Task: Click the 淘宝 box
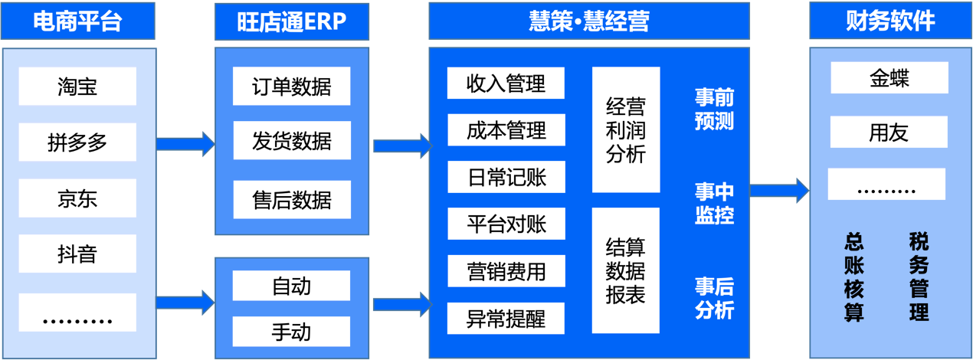tap(77, 86)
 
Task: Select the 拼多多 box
tap(77, 142)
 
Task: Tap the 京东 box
tap(77, 198)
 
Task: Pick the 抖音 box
tap(77, 254)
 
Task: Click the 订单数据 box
tap(291, 86)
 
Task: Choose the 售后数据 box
tap(291, 200)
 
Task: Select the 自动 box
tap(291, 286)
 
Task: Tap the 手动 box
tap(291, 332)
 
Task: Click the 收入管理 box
tap(506, 83)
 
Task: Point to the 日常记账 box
tap(506, 177)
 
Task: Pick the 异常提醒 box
tap(506, 318)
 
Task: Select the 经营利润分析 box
tap(625, 129)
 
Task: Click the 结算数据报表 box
tap(625, 270)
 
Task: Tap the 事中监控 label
tap(714, 203)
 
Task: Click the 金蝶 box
tap(889, 77)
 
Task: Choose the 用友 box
tap(889, 132)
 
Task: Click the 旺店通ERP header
tap(291, 21)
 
